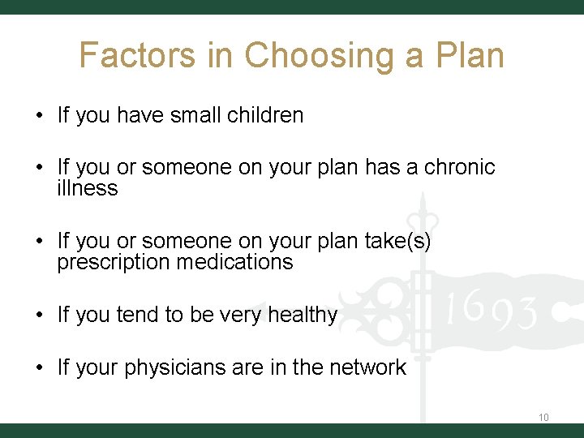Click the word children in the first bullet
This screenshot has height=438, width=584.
pos(266,115)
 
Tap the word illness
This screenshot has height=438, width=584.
pos(87,188)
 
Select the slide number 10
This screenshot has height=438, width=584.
pos(543,417)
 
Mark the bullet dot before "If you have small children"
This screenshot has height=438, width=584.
pos(39,115)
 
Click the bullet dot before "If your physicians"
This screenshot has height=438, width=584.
pos(39,367)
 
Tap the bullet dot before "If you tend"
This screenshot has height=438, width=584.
pos(39,315)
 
